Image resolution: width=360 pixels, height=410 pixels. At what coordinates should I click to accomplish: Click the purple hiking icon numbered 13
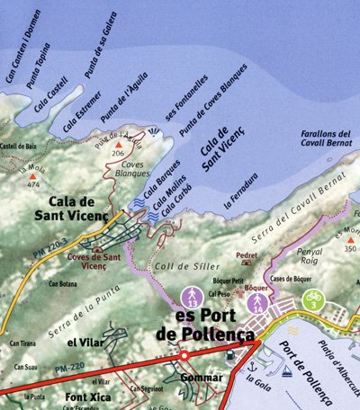pos(190,296)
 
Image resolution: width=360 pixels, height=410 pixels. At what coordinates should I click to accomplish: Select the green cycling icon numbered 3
pos(312,299)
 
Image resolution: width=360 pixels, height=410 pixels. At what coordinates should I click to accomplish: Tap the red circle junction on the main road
pos(184,356)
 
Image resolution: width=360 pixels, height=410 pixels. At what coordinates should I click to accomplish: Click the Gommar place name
pos(201,377)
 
